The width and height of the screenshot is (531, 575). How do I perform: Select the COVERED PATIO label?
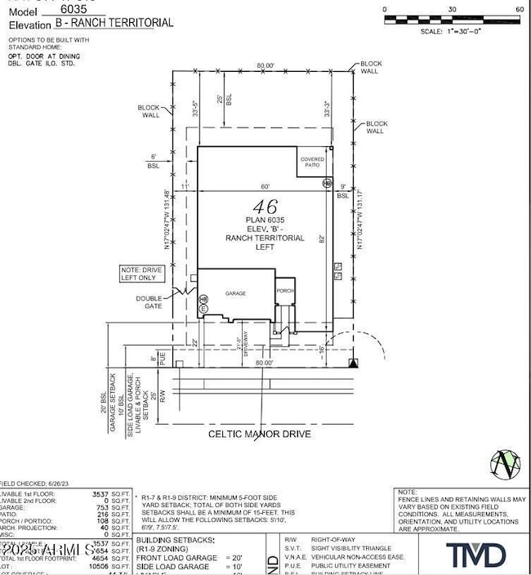point(311,164)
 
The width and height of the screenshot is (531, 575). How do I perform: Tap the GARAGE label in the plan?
point(237,292)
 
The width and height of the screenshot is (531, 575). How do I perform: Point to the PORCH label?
point(284,291)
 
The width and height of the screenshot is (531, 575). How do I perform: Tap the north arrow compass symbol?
point(506,463)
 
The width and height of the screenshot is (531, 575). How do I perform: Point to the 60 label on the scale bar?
point(520,9)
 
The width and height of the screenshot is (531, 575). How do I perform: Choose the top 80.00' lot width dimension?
point(264,65)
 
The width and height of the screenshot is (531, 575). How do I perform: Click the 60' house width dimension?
point(265,187)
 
